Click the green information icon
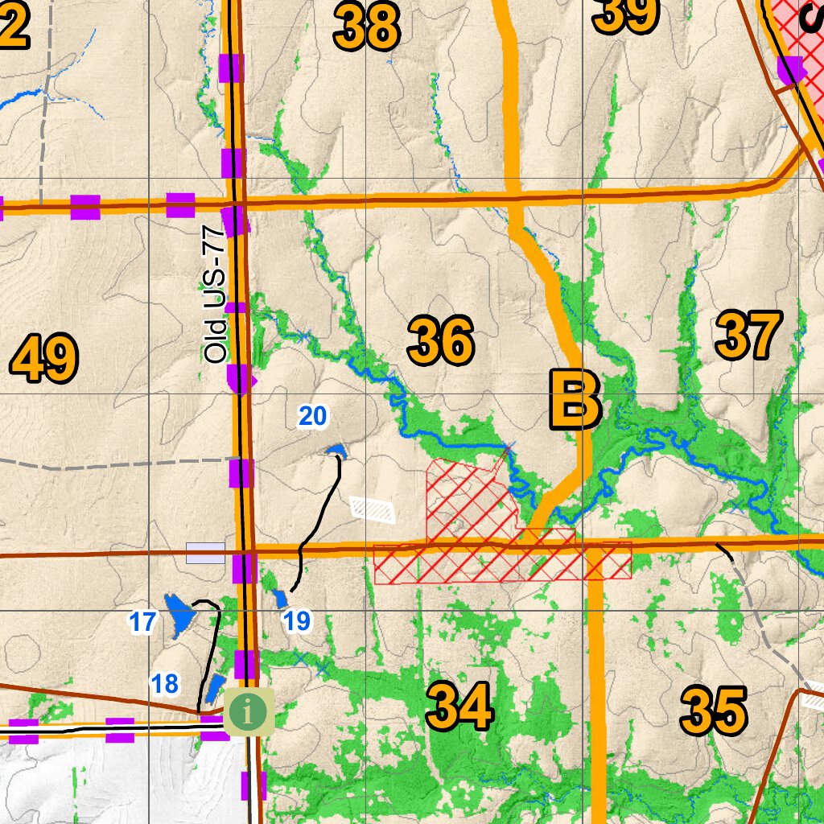[249, 711]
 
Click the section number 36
[440, 341]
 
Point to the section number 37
[748, 336]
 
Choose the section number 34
[459, 706]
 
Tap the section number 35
[714, 711]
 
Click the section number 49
[44, 359]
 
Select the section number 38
[367, 26]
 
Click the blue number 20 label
[312, 416]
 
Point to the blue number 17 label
[142, 621]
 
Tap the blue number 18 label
[165, 684]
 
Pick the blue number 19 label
[297, 620]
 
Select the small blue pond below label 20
[336, 450]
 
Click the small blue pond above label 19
[280, 598]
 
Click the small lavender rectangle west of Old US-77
[205, 553]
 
